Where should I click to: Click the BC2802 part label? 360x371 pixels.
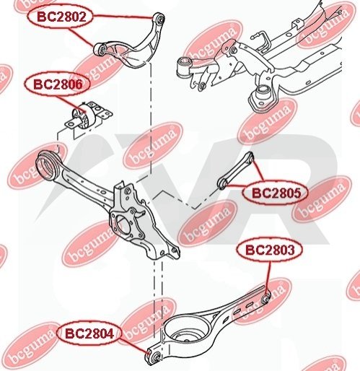(x=61, y=17)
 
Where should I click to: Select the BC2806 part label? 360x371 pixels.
(x=58, y=84)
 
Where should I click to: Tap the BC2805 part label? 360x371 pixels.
(x=276, y=193)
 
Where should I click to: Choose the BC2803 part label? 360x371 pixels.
(x=270, y=250)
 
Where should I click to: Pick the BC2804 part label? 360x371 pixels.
(x=89, y=333)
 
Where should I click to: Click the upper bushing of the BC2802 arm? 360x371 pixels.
(x=159, y=18)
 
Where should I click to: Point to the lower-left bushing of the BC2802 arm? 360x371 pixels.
(x=100, y=50)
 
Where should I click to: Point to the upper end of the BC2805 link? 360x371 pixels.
(x=250, y=155)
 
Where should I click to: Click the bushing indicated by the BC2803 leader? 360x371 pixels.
(x=266, y=297)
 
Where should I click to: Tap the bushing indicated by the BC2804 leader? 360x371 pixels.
(x=155, y=356)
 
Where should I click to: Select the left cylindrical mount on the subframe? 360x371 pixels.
(x=184, y=66)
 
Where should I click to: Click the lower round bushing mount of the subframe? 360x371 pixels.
(x=262, y=97)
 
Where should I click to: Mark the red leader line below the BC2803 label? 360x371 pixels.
(x=268, y=276)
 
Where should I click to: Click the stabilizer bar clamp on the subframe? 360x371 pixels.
(x=299, y=26)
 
